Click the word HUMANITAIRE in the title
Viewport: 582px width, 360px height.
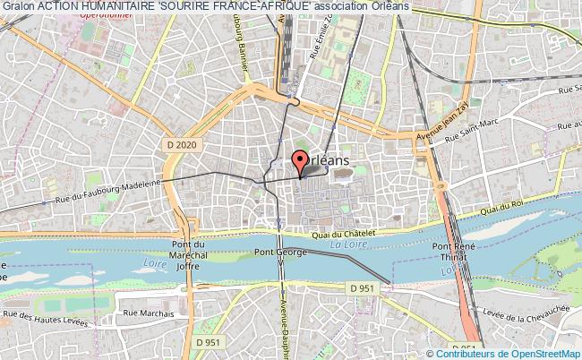[120, 6]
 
